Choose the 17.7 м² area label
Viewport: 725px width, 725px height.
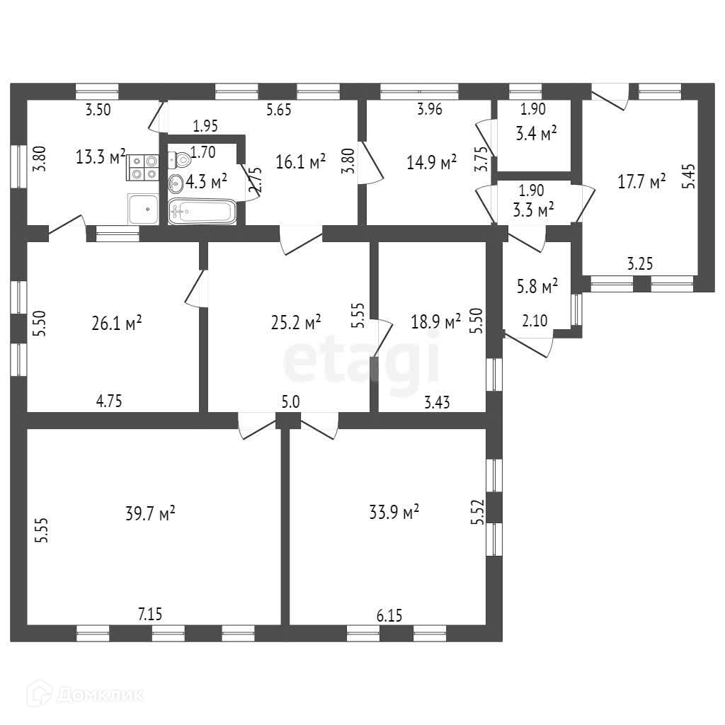[642, 182]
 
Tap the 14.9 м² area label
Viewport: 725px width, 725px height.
[430, 163]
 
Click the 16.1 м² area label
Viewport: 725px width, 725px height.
[300, 163]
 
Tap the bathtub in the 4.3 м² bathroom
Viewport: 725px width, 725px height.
[202, 212]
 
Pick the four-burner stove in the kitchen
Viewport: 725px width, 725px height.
[144, 168]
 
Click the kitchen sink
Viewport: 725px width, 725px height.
[143, 209]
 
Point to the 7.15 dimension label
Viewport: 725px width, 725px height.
[150, 615]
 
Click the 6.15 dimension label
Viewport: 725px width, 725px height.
[389, 616]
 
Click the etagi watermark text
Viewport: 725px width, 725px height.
[362, 360]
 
